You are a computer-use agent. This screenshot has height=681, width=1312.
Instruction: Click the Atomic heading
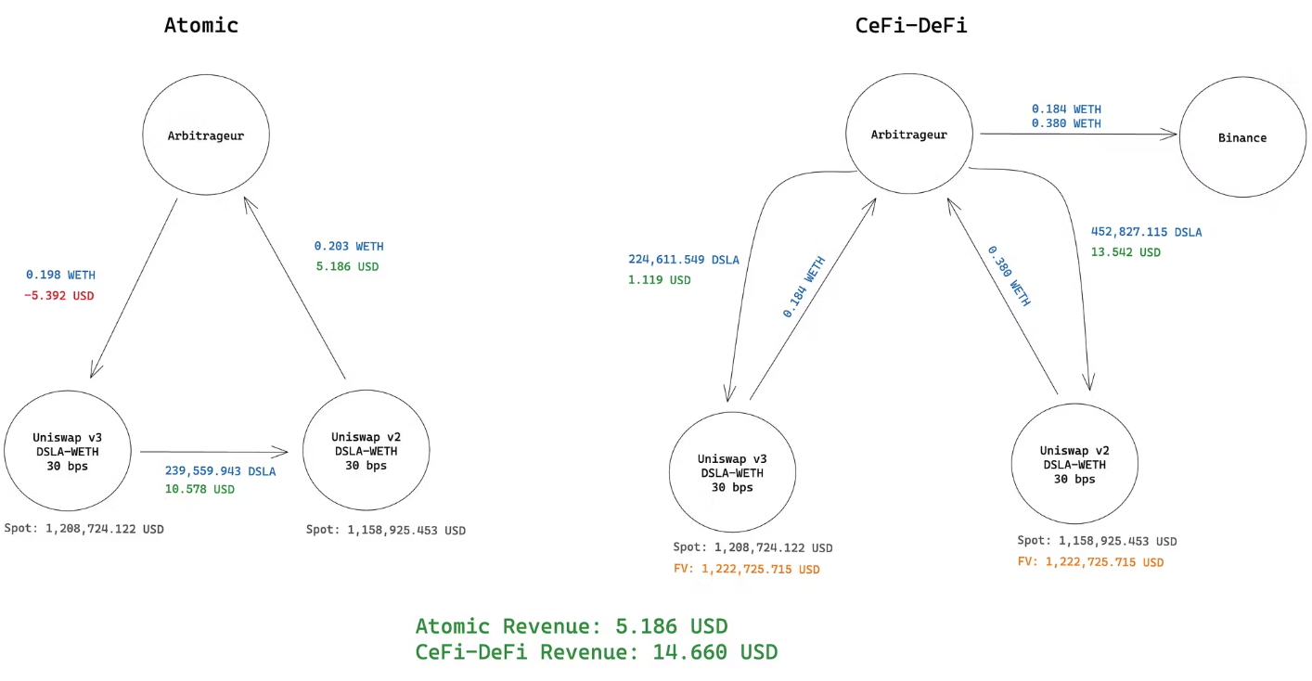click(201, 25)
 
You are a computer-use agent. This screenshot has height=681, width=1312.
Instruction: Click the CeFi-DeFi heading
click(910, 25)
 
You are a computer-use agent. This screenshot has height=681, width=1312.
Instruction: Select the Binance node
click(1241, 138)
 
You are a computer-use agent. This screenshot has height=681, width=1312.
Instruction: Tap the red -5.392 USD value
click(60, 296)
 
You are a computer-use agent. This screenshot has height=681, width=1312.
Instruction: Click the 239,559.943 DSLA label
click(220, 470)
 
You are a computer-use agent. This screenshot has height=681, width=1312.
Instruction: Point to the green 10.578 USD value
click(199, 489)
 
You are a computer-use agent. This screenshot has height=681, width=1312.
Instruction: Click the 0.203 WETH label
click(348, 247)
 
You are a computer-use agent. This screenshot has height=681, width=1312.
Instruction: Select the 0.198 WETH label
click(60, 276)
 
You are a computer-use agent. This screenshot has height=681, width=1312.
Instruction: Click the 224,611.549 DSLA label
click(683, 260)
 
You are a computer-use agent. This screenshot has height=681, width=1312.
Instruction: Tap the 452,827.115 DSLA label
click(1146, 232)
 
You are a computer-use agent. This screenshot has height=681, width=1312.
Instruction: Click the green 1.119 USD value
click(659, 280)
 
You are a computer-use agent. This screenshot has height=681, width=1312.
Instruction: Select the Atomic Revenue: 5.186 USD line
click(571, 625)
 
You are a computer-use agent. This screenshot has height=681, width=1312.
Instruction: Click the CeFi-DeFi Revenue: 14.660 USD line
click(596, 652)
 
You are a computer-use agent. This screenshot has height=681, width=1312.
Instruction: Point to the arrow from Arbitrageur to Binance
click(1076, 135)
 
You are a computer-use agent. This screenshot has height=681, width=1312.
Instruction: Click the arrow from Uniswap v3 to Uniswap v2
click(213, 453)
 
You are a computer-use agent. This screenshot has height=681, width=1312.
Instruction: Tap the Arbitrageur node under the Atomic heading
click(206, 135)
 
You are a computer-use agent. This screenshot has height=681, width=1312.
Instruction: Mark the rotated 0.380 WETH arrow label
click(1009, 276)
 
